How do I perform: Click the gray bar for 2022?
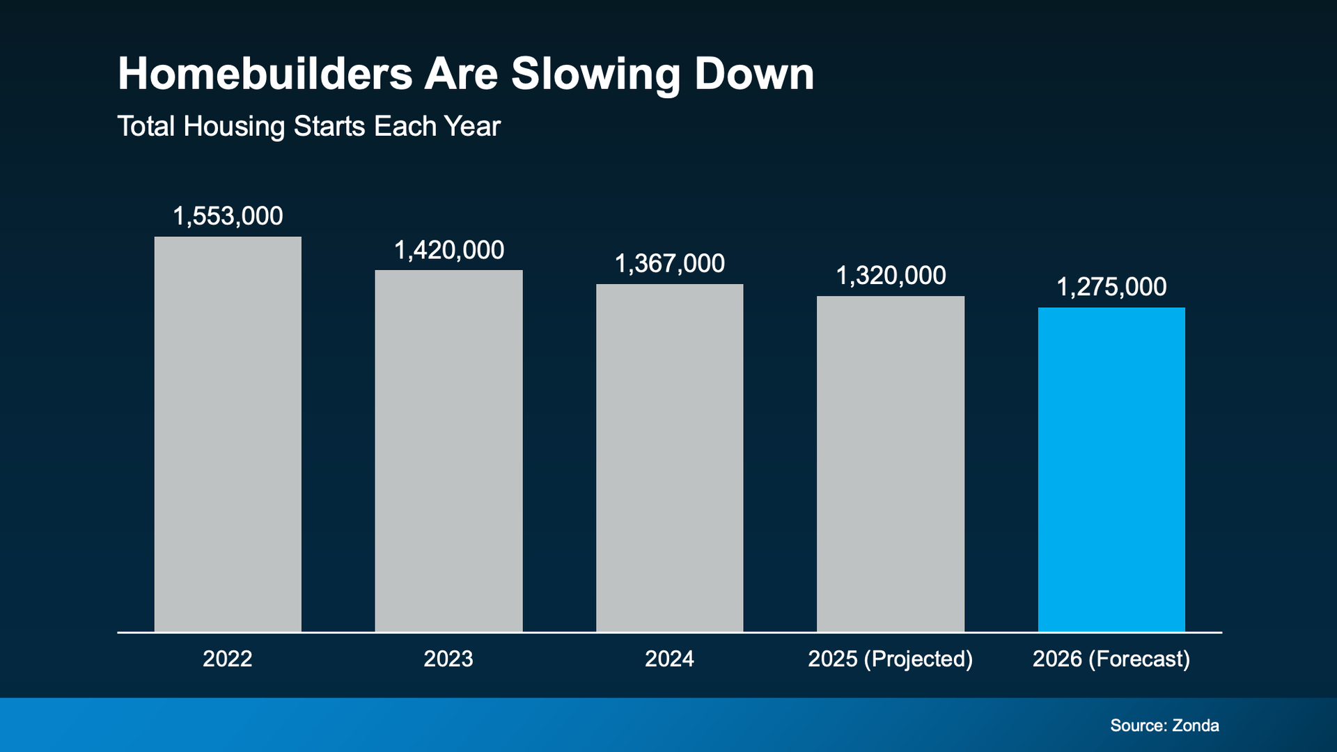[228, 434]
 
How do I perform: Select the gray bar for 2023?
[448, 451]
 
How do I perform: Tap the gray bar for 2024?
[669, 458]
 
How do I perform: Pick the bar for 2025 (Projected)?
[891, 464]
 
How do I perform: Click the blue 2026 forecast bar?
[1111, 470]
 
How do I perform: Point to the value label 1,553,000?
[228, 217]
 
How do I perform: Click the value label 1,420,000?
[448, 251]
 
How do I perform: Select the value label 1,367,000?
[669, 264]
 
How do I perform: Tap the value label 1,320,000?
[891, 276]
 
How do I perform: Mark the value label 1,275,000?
[1111, 288]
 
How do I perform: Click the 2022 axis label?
[228, 659]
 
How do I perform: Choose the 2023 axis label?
[448, 659]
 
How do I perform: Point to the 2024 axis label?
[669, 659]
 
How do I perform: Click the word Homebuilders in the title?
[265, 74]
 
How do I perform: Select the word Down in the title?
[754, 74]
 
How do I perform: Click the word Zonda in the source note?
[1196, 726]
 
